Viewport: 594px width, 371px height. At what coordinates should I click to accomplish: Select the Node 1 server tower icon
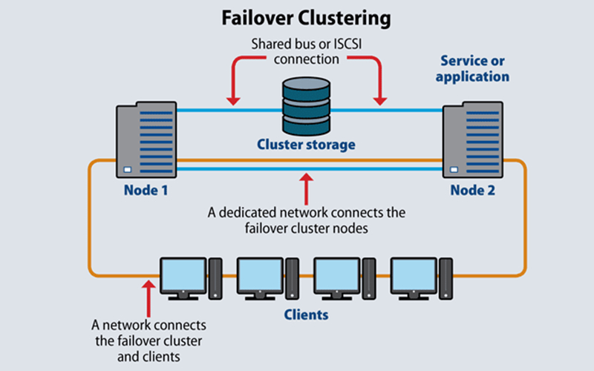[x=142, y=139]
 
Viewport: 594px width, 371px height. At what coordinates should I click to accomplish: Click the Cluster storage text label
[x=306, y=144]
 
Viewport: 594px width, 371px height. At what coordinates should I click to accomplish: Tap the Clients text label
[x=306, y=315]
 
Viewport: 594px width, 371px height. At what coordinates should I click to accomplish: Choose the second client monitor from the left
[x=259, y=276]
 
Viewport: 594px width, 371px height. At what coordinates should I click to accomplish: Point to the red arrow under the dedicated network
[x=306, y=185]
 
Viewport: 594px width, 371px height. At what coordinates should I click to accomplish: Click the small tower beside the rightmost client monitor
[x=447, y=278]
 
